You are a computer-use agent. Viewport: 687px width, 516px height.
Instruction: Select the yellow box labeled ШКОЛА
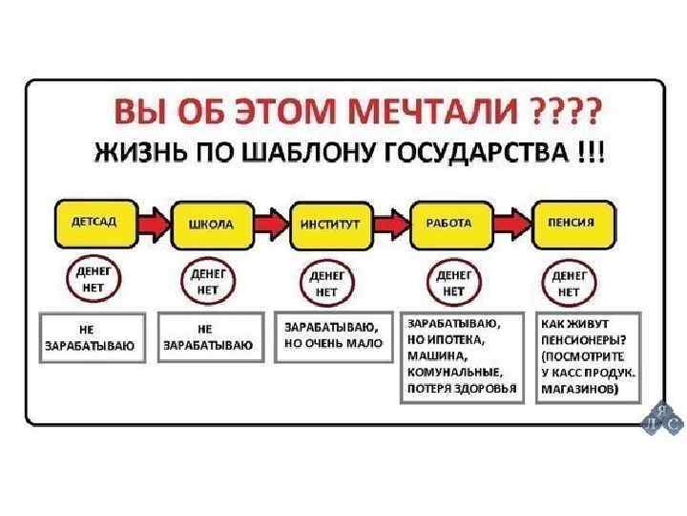(212, 224)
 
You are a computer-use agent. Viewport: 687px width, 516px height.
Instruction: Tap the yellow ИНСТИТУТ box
(330, 224)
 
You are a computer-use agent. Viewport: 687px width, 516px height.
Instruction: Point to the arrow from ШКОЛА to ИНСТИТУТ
(271, 224)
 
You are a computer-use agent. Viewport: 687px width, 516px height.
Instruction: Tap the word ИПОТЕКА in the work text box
(453, 339)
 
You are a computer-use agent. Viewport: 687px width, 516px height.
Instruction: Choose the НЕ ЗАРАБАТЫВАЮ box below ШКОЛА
(208, 338)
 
